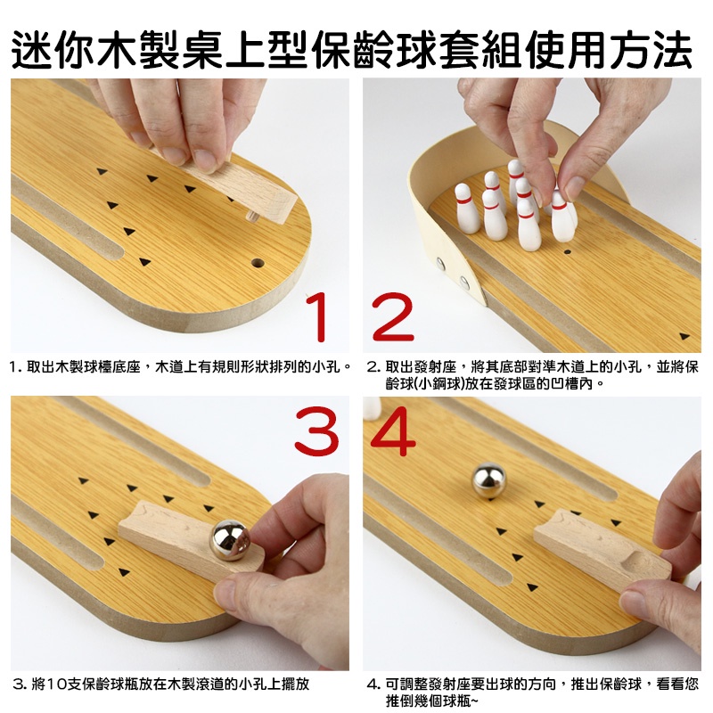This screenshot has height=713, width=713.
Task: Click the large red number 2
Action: [393, 317]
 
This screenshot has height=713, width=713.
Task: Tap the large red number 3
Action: [316, 432]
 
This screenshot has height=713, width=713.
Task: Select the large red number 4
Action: [393, 432]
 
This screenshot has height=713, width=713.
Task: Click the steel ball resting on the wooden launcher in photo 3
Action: [230, 540]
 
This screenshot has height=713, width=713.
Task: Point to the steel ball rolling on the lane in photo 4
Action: [488, 480]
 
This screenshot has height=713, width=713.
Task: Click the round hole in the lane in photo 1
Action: [258, 263]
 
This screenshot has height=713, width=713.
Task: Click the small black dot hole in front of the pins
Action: [567, 251]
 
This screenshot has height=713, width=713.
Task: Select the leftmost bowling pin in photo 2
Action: [465, 209]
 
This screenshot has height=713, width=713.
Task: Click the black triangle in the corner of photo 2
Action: [684, 336]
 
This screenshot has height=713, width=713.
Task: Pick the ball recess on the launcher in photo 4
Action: [636, 563]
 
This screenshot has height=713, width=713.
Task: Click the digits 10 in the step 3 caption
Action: [57, 684]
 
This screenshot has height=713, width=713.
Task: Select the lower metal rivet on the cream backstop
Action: [464, 283]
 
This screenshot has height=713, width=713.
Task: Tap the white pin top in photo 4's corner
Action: [373, 407]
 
